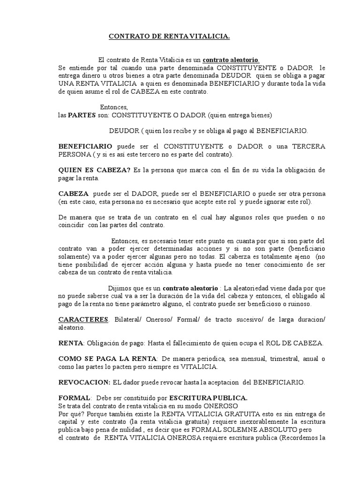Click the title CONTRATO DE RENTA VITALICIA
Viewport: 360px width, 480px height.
(169, 36)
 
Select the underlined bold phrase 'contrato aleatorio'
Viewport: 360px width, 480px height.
(231, 60)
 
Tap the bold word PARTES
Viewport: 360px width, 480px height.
(82, 115)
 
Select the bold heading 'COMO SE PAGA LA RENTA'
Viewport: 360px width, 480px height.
(108, 359)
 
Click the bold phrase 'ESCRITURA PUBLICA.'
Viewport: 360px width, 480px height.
(209, 397)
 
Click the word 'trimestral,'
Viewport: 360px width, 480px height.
(270, 359)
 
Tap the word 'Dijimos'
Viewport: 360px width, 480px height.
(120, 288)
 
